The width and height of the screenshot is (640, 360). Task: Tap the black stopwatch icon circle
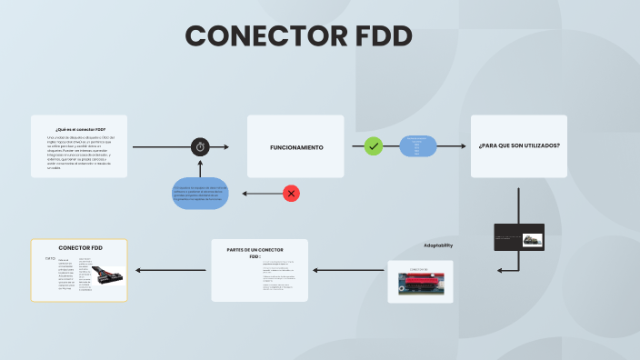click(x=201, y=146)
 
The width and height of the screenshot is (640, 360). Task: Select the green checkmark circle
click(x=373, y=146)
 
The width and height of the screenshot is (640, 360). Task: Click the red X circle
click(x=291, y=193)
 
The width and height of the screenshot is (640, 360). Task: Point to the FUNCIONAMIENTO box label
click(x=295, y=147)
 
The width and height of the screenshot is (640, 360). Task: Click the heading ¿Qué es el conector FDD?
click(x=79, y=129)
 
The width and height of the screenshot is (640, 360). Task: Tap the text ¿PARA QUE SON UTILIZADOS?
click(x=518, y=146)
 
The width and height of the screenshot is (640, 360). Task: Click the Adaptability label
click(x=438, y=245)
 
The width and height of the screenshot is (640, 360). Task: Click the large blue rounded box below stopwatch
click(x=200, y=193)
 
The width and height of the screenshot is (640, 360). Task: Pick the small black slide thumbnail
click(x=518, y=237)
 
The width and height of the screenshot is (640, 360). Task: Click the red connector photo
click(x=419, y=285)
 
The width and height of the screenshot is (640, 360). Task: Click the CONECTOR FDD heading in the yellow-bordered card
click(x=80, y=247)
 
